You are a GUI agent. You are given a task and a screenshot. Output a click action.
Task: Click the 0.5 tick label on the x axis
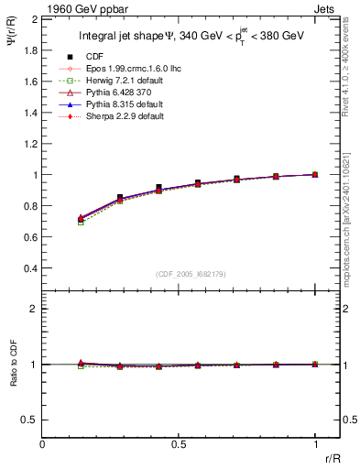pos(179,444)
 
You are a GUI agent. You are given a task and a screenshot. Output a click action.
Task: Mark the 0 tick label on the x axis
pos(43,444)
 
